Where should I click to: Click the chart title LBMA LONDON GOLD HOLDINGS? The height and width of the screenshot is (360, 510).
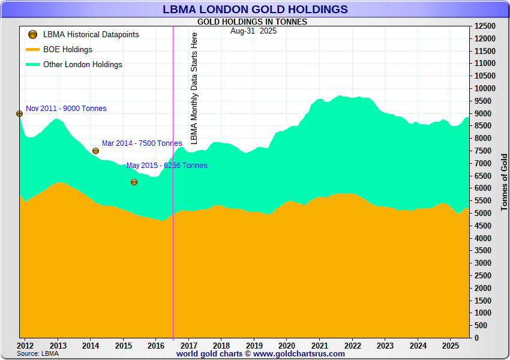[255, 9]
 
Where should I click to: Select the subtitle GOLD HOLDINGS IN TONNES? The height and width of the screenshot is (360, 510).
[252, 22]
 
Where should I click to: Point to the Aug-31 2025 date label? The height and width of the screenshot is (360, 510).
[253, 31]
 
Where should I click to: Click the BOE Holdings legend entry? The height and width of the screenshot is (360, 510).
[67, 50]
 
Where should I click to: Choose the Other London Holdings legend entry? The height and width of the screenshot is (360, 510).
[82, 65]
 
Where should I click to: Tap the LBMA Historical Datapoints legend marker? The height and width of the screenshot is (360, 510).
[33, 35]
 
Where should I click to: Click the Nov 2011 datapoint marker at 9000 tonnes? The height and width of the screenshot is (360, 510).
[19, 113]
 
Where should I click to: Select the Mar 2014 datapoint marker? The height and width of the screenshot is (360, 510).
[95, 151]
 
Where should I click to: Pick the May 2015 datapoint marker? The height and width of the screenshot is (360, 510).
[134, 182]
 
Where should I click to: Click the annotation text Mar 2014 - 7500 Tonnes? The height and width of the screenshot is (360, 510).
[142, 143]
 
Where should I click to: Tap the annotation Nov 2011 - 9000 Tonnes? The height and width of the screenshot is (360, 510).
[66, 109]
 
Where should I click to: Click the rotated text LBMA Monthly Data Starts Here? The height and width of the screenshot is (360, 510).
[194, 88]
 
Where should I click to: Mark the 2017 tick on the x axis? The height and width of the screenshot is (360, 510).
[188, 346]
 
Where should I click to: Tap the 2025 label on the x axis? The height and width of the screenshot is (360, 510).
[450, 346]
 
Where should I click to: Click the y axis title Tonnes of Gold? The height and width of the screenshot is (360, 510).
[503, 180]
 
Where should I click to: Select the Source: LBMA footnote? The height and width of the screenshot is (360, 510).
[37, 354]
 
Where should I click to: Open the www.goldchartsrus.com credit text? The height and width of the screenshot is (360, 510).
[299, 354]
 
